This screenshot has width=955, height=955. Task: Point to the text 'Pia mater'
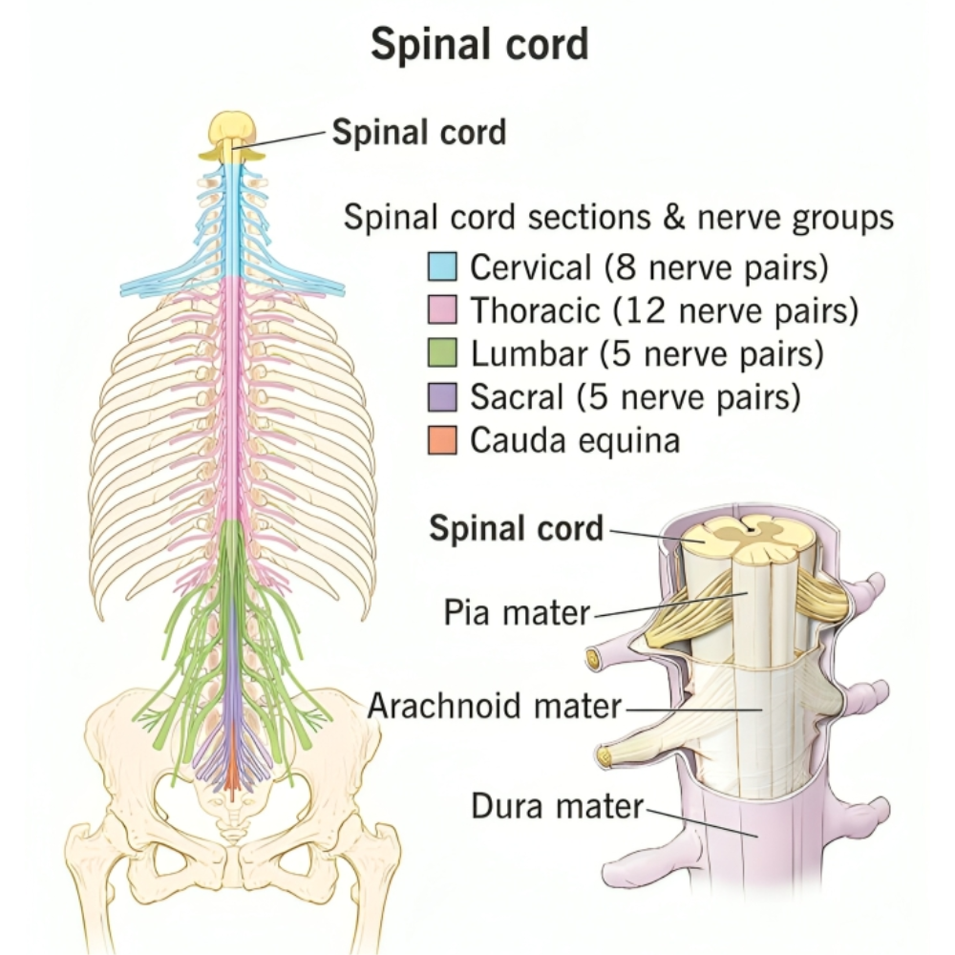pos(517,612)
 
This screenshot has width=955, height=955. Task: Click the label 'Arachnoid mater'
pos(495,708)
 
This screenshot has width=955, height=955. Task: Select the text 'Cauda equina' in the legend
pos(575,440)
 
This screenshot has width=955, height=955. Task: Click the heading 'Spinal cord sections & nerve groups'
pos(619,218)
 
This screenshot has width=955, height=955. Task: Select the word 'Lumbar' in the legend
pos(528,354)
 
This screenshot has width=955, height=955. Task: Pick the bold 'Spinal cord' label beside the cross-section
pos(516,528)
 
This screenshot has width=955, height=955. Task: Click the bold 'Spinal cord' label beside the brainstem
pos(418,133)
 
